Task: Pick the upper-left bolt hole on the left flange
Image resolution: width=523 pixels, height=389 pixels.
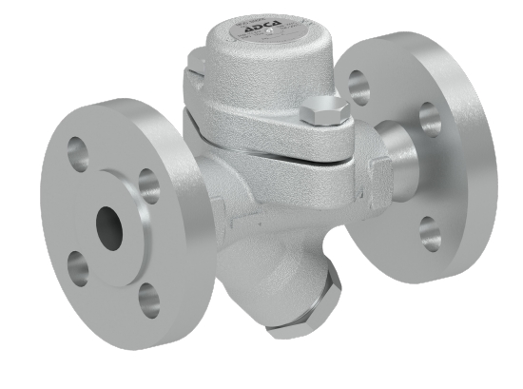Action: click(x=77, y=151)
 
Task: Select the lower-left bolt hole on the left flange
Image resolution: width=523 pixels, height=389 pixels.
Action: click(x=77, y=267)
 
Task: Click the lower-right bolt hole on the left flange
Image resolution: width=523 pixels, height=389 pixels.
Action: click(x=148, y=299)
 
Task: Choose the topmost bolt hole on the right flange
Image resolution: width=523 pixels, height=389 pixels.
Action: click(x=358, y=88)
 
